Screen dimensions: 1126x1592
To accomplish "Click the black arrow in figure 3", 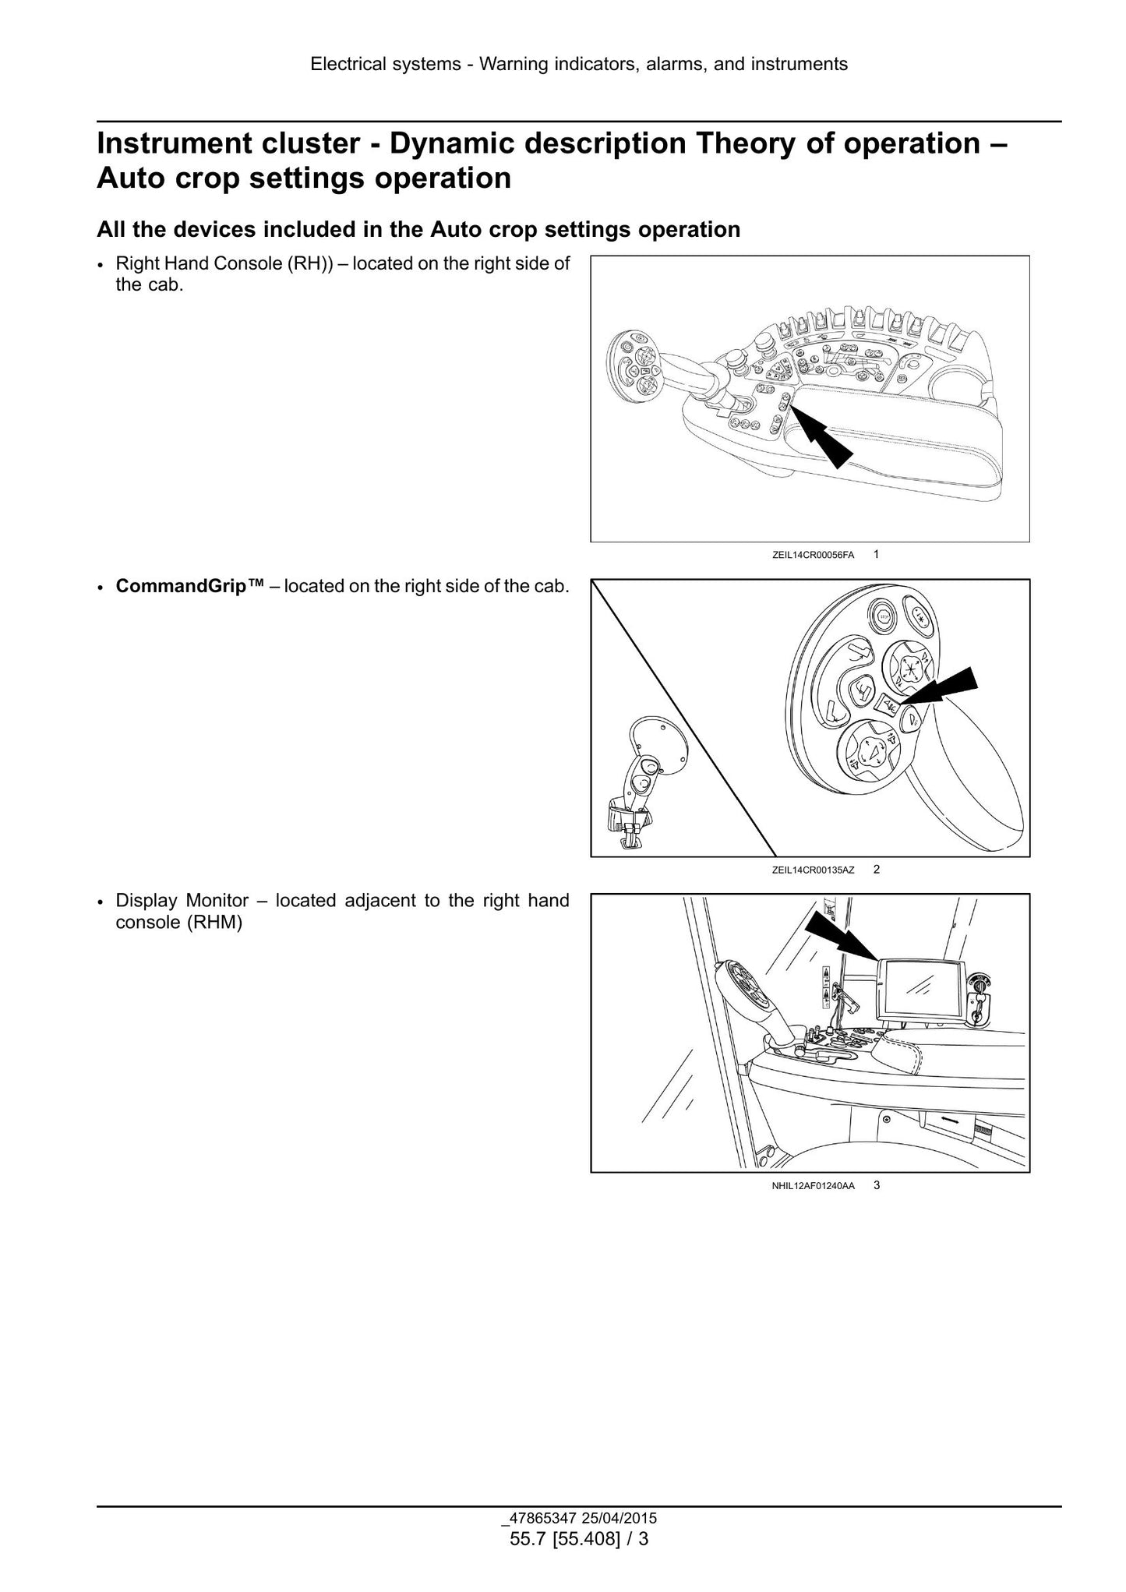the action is point(842,935).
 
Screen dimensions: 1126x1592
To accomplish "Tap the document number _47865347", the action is point(534,1518).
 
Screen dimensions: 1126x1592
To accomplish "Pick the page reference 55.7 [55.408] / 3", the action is point(579,1539).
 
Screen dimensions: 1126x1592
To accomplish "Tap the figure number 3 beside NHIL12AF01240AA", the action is point(877,1185).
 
